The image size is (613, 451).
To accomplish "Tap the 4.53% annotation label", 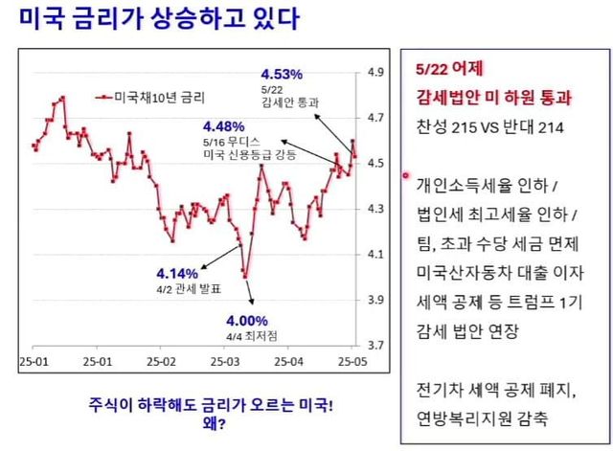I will [283, 73].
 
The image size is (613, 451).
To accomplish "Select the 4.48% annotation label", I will [223, 125].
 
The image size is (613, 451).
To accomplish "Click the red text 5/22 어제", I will [450, 70].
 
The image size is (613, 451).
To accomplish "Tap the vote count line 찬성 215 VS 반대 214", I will [489, 126].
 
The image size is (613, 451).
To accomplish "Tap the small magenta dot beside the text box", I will [406, 176].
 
